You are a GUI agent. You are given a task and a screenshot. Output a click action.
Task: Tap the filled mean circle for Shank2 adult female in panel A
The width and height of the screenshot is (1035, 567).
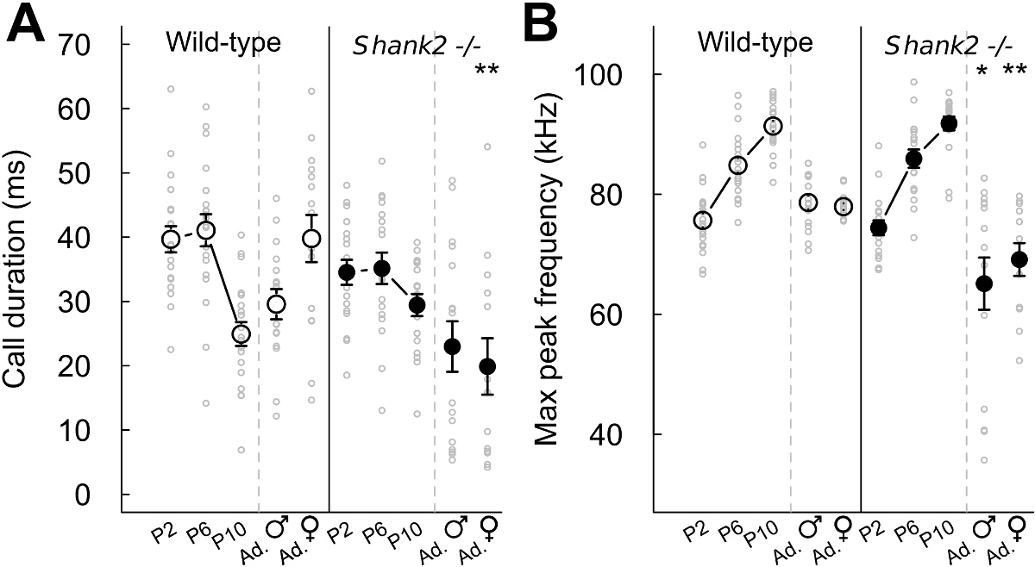click(488, 366)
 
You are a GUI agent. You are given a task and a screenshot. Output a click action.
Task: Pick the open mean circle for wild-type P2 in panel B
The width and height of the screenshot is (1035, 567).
click(703, 221)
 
